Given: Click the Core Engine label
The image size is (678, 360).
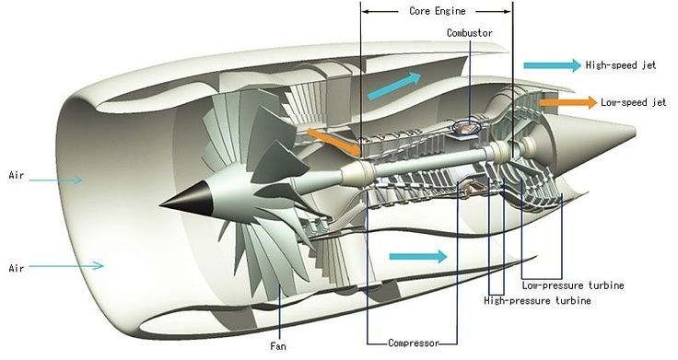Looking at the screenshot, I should (x=438, y=11).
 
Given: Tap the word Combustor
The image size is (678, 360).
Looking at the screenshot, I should (x=470, y=33).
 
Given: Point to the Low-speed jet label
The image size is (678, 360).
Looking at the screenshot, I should (x=633, y=103).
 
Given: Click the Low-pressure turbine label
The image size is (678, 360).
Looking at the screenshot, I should (x=572, y=285).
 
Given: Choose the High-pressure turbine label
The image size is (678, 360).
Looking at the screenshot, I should (x=537, y=301).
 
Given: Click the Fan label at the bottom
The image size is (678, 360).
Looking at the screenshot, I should (x=278, y=347).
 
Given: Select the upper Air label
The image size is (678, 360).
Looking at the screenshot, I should (x=17, y=175).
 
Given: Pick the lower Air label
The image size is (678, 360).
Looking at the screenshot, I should (x=17, y=268).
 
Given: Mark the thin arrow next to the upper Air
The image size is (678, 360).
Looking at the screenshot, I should (x=58, y=179).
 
